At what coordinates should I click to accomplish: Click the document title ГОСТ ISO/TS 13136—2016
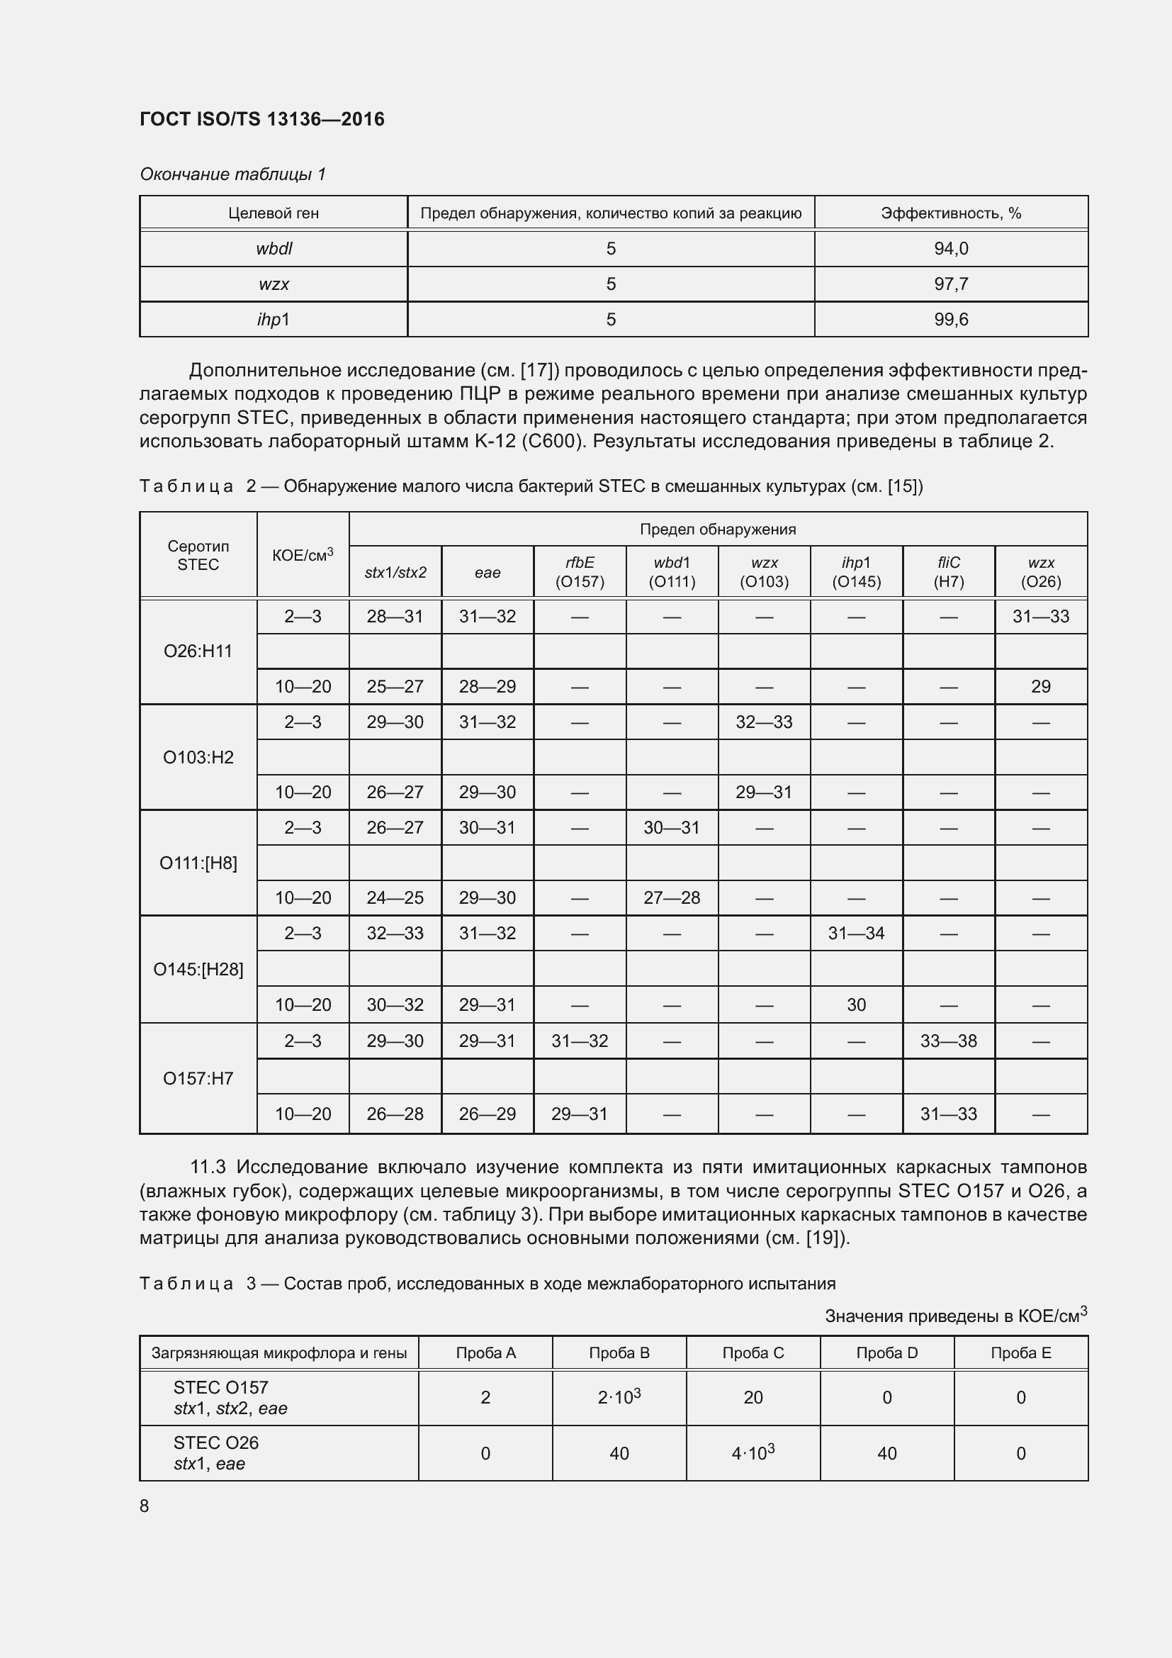(261, 119)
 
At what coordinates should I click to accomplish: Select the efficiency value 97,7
(950, 284)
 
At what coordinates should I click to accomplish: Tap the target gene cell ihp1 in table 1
(274, 319)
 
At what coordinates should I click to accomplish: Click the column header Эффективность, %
(950, 213)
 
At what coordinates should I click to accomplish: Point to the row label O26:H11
(198, 651)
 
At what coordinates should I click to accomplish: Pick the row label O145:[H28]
(198, 969)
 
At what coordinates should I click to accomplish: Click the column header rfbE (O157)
(580, 572)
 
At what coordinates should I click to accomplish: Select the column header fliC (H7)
(948, 572)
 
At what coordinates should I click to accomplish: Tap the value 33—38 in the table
(948, 1041)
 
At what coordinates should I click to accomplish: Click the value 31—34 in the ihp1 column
(856, 933)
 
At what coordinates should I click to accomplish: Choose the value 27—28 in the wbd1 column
(671, 897)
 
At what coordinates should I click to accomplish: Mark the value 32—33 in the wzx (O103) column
(764, 722)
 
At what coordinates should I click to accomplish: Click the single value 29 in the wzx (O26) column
(1041, 686)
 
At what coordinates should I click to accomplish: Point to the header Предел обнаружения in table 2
(717, 529)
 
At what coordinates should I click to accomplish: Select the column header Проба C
(753, 1352)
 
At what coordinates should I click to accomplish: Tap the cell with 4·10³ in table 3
(753, 1453)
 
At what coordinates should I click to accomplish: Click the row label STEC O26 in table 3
(216, 1443)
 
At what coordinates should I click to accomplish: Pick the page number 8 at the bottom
(145, 1506)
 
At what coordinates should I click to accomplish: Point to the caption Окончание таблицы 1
(232, 174)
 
